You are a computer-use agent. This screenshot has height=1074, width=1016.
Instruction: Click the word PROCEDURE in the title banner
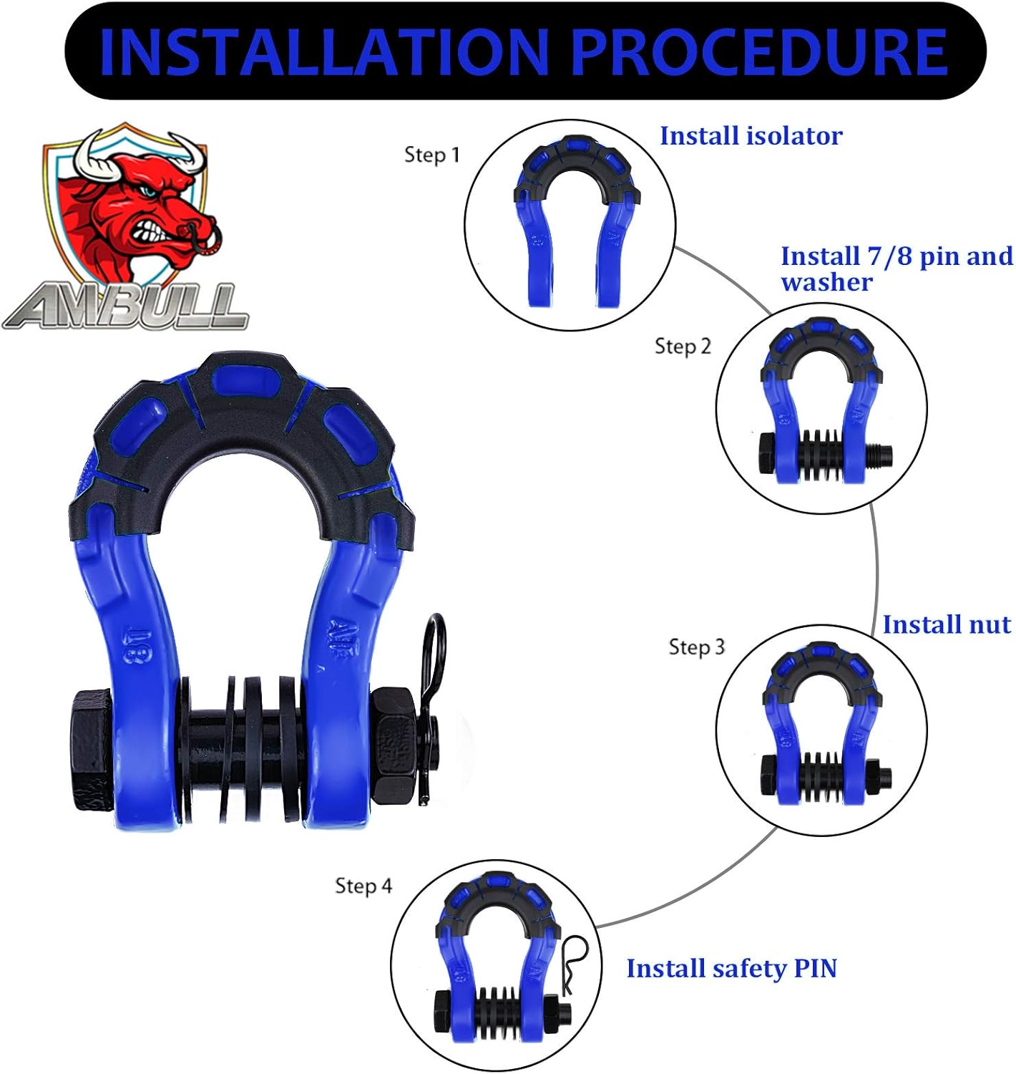tap(760, 52)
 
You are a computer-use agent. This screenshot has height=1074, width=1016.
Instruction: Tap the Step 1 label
tap(431, 155)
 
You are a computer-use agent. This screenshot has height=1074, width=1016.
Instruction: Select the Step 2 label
tap(683, 347)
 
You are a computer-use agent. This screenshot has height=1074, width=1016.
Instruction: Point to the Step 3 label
tap(696, 647)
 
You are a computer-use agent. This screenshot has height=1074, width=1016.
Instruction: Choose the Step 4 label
tap(363, 886)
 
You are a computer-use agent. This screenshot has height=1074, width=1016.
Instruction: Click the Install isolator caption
tap(751, 136)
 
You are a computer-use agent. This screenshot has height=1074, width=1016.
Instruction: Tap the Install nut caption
tap(946, 624)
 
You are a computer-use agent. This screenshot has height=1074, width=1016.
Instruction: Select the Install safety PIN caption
tap(731, 969)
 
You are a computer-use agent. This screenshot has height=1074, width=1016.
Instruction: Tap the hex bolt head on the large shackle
tap(91, 748)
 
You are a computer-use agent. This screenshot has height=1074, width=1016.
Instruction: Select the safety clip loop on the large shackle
tap(433, 644)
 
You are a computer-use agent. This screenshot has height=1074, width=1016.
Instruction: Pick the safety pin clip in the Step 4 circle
tap(572, 963)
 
